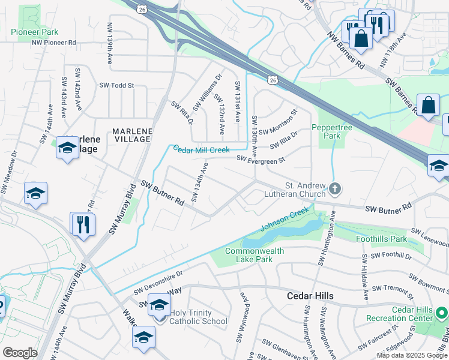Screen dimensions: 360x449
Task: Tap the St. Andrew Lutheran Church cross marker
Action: (335, 190)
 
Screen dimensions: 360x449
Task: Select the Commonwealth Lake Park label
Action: (249, 255)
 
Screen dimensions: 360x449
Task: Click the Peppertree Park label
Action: (326, 131)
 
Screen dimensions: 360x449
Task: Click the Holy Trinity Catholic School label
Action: (198, 317)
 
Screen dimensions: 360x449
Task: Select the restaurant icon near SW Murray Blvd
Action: (83, 224)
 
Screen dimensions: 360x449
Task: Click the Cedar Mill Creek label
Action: (201, 149)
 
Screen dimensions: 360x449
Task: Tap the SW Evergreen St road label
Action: (261, 159)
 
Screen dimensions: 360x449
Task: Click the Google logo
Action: (20, 353)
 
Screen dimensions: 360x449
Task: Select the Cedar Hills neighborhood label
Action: (310, 296)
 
